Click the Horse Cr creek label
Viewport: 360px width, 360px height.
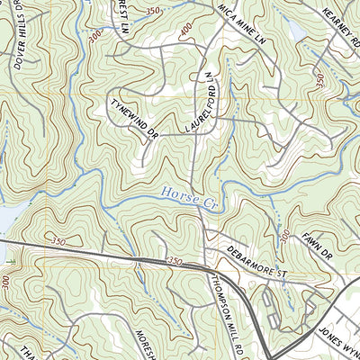point(184,193)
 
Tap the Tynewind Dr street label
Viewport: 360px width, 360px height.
point(133,118)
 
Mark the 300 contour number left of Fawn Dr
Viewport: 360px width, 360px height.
point(283,236)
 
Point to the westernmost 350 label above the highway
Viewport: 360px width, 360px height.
point(59,242)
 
